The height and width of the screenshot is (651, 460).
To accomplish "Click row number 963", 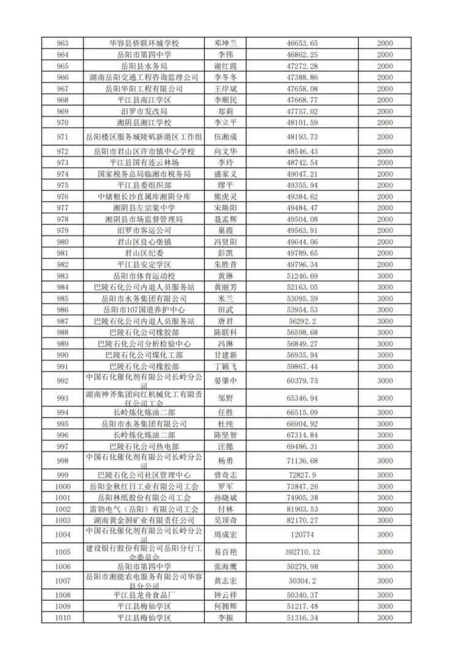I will tap(62, 44).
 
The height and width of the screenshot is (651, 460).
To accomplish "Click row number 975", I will tap(62, 185).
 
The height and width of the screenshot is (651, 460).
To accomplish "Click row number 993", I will tap(62, 398).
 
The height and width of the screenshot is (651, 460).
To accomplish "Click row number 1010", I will tap(62, 617).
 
